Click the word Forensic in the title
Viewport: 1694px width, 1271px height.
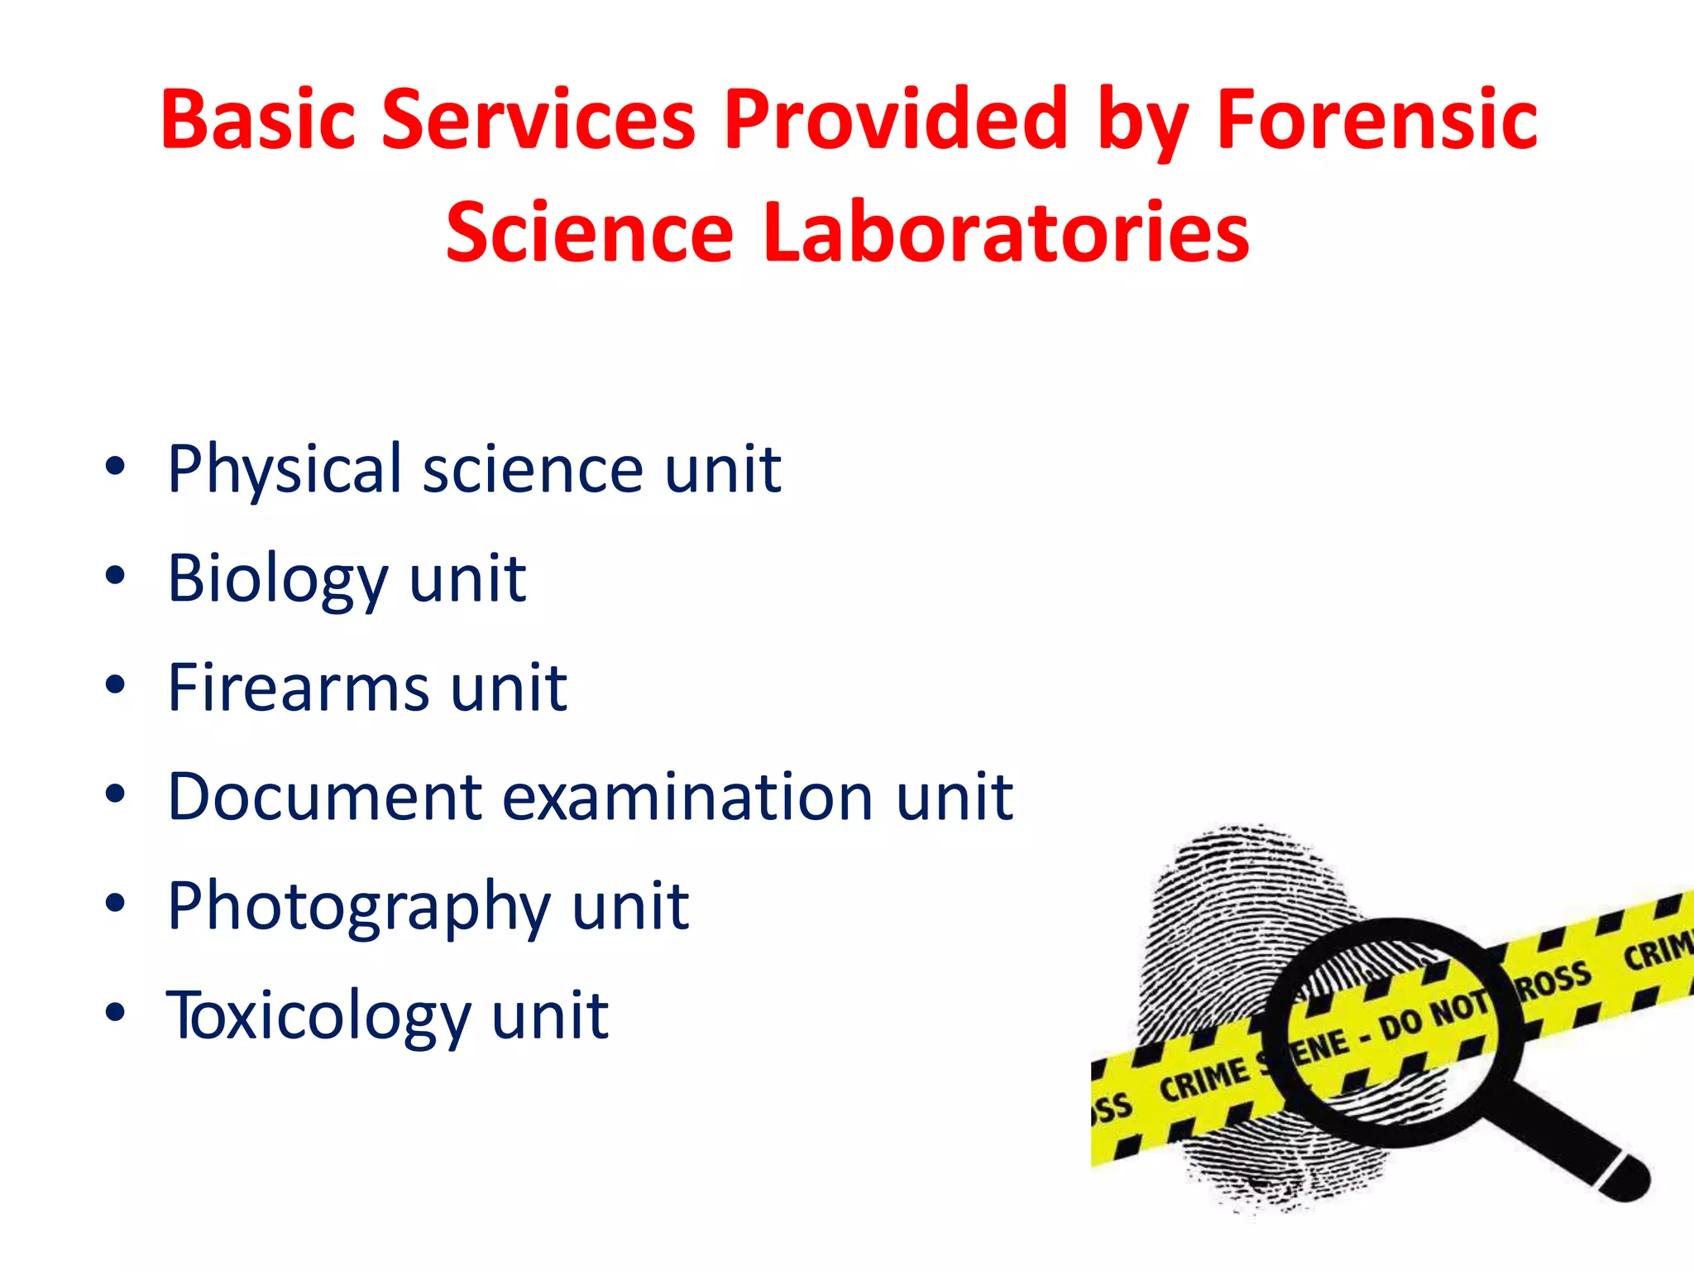[1376, 121]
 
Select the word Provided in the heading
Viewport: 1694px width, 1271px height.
[895, 121]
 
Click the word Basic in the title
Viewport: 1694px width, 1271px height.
[258, 121]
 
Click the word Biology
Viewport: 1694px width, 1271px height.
[277, 578]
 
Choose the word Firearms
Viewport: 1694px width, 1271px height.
[299, 688]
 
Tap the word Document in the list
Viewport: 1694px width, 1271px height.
[324, 797]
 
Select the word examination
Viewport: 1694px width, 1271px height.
[687, 797]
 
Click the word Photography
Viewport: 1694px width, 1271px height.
[358, 908]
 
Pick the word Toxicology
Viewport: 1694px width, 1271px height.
[318, 1017]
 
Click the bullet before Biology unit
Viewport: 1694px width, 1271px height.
[115, 575]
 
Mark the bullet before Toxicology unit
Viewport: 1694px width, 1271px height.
[115, 1012]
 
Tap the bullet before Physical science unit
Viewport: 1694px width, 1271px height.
[115, 466]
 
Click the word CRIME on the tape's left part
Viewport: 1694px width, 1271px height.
[1204, 1077]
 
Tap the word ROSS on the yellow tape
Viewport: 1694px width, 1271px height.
[1553, 981]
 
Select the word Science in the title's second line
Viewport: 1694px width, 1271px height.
[590, 233]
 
